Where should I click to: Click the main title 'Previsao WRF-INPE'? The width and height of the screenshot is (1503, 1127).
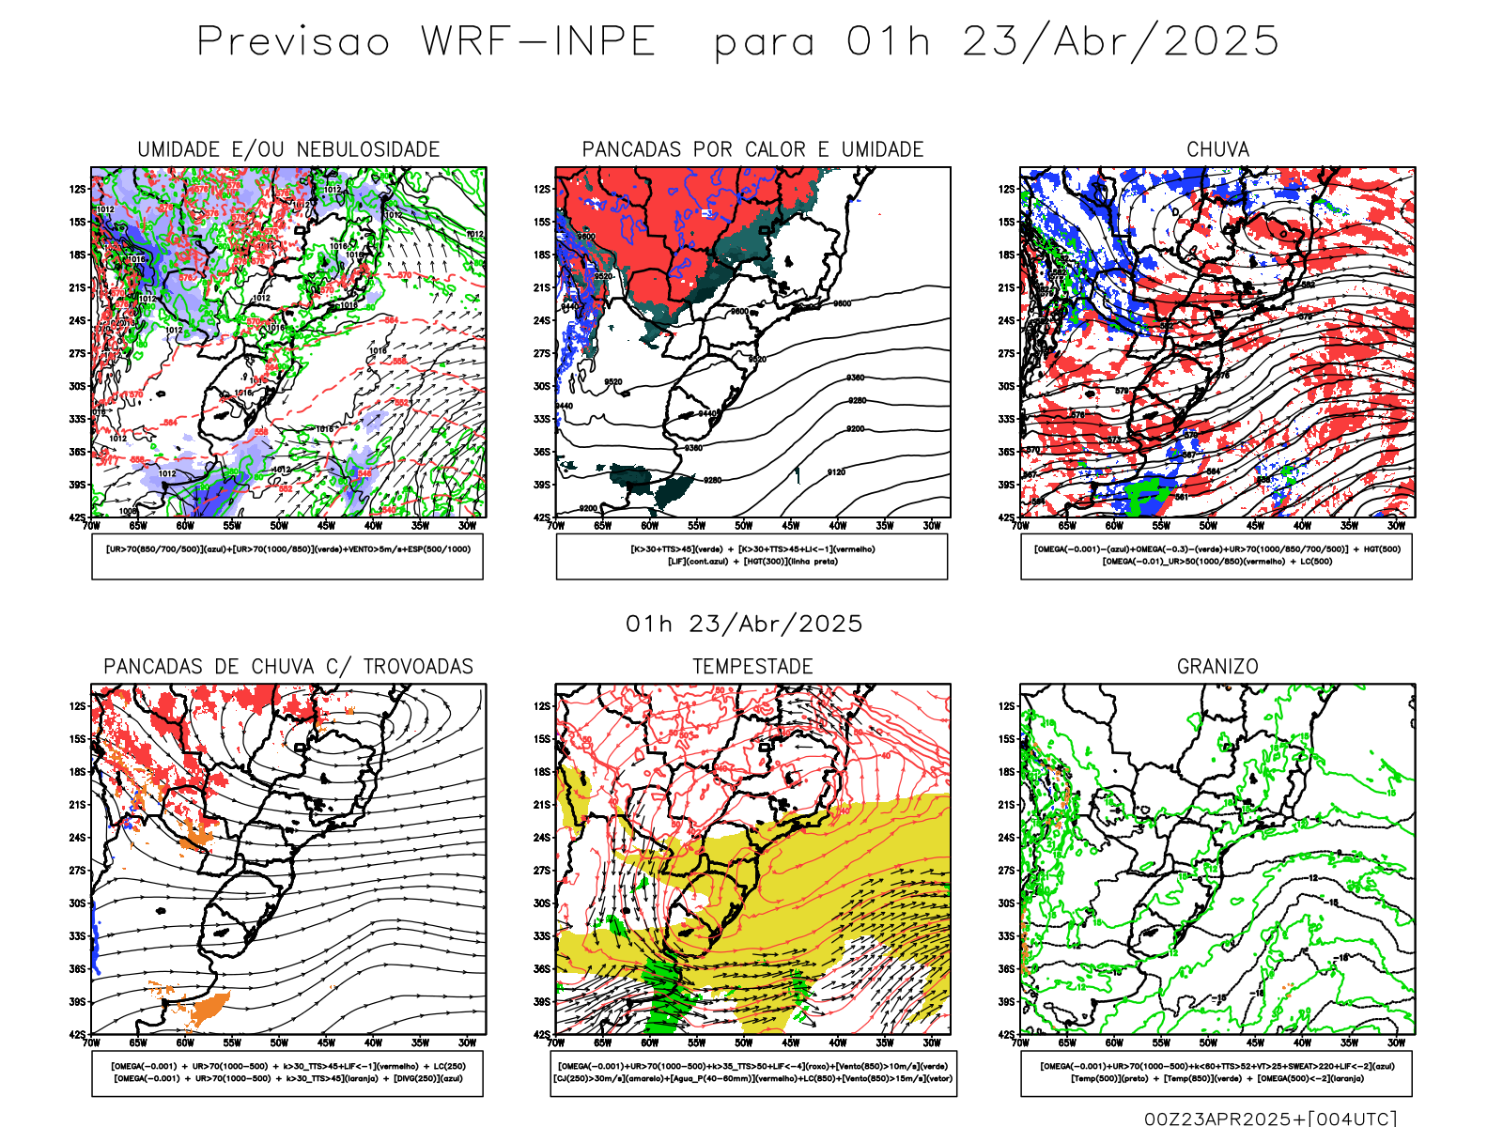pos(427,42)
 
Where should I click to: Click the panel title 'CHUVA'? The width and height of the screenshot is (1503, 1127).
pos(1217,150)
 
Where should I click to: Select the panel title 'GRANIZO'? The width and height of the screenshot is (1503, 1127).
pos(1217,667)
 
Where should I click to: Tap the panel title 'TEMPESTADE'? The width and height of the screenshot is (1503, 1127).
pos(752,667)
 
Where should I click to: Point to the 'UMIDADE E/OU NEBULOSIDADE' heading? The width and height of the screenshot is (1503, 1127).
pos(288,150)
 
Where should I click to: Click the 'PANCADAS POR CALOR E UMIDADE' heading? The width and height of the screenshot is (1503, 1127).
pos(752,150)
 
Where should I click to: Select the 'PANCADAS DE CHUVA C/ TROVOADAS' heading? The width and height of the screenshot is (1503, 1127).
pos(288,667)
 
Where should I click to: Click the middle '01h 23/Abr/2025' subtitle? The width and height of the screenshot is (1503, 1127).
pos(744,625)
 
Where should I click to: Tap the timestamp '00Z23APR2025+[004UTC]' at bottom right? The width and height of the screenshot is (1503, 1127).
pos(1270,1119)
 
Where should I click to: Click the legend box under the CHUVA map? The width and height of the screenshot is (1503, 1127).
pos(1216,556)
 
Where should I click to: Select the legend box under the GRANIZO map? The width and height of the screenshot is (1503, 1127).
pos(1216,1073)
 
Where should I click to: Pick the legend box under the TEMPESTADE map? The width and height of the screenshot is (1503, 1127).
pos(752,1073)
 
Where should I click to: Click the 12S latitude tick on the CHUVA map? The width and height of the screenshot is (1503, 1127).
pos(1007,189)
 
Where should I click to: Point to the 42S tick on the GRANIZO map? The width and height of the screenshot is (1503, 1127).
pos(1007,1034)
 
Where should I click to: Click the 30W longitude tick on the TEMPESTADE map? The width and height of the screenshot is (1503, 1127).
pos(932,1042)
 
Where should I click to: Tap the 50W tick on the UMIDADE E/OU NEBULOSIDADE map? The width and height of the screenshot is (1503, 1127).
pos(279,526)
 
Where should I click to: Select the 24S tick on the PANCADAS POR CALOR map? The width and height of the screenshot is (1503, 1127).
pos(542,320)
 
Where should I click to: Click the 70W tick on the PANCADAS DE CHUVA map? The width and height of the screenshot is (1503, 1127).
pos(91,1042)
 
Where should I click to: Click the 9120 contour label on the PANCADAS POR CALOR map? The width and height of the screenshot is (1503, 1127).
pos(836,472)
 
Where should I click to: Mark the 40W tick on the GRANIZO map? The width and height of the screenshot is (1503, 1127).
pos(1302,1042)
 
